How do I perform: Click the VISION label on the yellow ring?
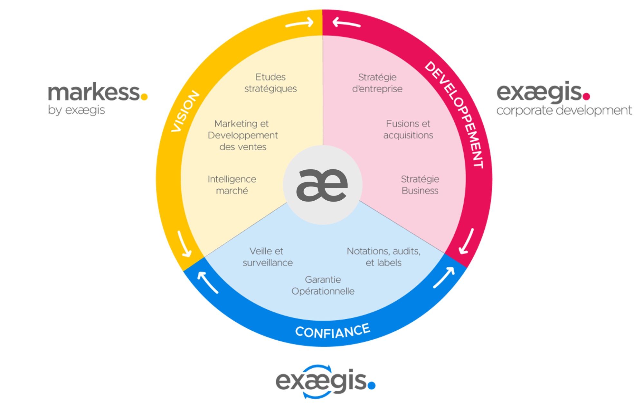pyautogui.click(x=185, y=111)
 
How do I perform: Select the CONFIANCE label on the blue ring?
pyautogui.click(x=333, y=331)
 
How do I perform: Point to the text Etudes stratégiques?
pyautogui.click(x=270, y=83)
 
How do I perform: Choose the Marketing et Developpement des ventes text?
pyautogui.click(x=243, y=135)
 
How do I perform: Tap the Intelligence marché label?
pyautogui.click(x=232, y=185)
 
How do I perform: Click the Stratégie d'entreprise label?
pyautogui.click(x=377, y=83)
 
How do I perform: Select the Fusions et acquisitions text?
pyautogui.click(x=408, y=129)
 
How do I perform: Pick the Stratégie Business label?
pyautogui.click(x=420, y=185)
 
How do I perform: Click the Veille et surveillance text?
pyautogui.click(x=268, y=257)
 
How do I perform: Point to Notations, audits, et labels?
pyautogui.click(x=384, y=257)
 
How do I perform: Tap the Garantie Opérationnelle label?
pyautogui.click(x=323, y=285)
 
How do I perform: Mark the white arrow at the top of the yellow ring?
pyautogui.click(x=299, y=23)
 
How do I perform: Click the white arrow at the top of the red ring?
pyautogui.click(x=346, y=23)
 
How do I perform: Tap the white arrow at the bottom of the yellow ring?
pyautogui.click(x=185, y=244)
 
